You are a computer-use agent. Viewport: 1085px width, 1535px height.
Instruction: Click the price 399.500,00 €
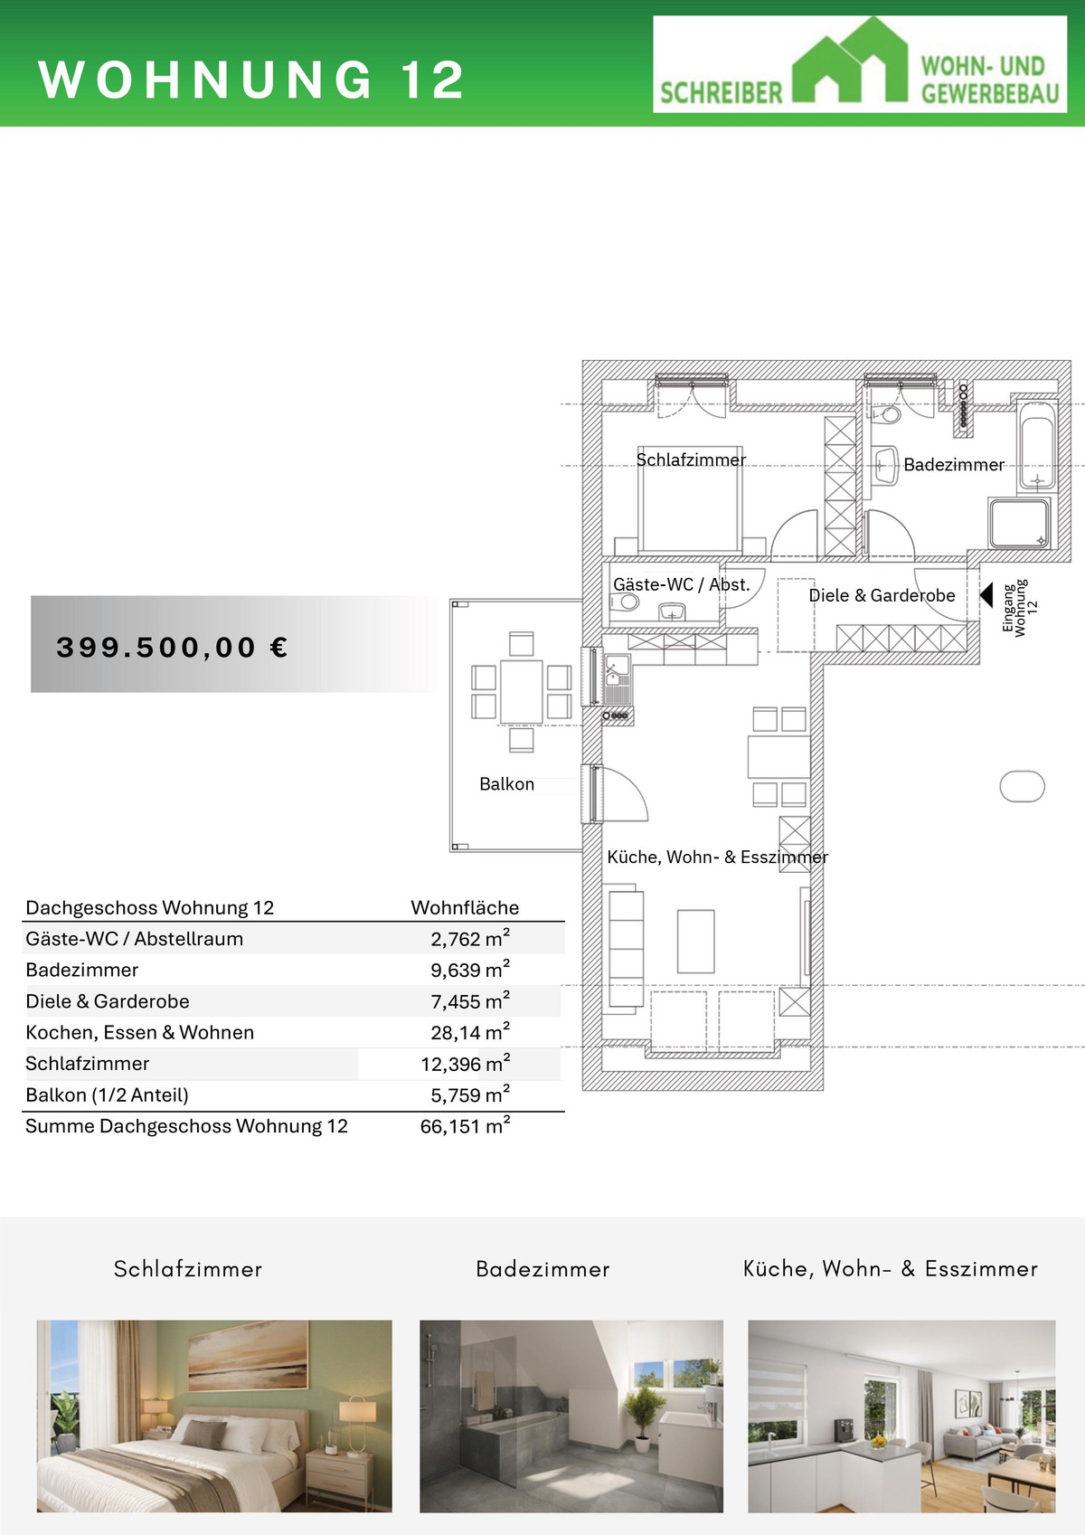(x=172, y=648)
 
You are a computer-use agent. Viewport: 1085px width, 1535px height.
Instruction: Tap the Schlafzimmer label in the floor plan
(x=691, y=460)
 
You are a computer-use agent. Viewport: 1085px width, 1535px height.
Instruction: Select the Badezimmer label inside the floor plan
(x=954, y=465)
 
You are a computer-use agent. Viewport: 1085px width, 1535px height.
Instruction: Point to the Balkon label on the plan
(x=507, y=784)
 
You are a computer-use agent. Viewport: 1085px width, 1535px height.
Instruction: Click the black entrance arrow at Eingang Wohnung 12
(x=986, y=595)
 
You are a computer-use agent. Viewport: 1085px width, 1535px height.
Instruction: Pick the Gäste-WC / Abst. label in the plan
(x=682, y=584)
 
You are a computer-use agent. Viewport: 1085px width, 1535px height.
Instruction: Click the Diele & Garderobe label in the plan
(x=882, y=595)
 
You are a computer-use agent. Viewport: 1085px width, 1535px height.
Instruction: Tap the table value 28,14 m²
(x=470, y=1032)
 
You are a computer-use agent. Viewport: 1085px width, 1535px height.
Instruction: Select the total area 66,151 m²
(x=465, y=1126)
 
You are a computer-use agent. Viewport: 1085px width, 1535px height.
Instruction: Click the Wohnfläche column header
(x=465, y=908)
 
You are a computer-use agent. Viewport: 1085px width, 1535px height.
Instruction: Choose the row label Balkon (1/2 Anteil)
(x=107, y=1095)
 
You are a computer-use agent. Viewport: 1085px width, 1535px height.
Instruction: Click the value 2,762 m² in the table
(x=470, y=938)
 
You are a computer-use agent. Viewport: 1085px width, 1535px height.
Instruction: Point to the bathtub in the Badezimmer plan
(x=1037, y=445)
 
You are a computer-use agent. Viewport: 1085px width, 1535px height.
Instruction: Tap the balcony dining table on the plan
(x=522, y=691)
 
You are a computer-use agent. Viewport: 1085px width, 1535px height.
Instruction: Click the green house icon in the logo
(x=850, y=61)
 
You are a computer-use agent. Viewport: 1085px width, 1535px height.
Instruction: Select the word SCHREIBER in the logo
(x=722, y=93)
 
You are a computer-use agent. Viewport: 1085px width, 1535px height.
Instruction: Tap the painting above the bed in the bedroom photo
(x=248, y=1357)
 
